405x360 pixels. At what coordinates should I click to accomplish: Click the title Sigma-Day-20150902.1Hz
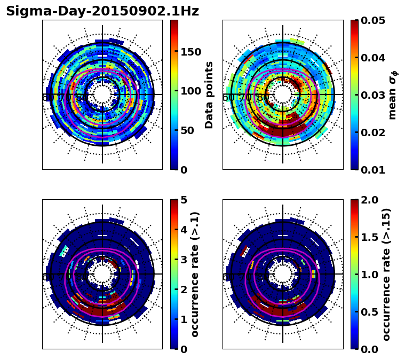(x=102, y=11)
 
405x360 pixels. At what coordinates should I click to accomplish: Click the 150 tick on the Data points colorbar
(x=190, y=52)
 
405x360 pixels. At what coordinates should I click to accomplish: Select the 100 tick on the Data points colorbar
(x=190, y=91)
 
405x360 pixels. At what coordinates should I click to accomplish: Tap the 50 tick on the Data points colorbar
(x=188, y=130)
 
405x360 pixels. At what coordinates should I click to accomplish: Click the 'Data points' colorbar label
(x=209, y=95)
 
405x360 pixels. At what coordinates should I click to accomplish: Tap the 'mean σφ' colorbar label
(x=393, y=95)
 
